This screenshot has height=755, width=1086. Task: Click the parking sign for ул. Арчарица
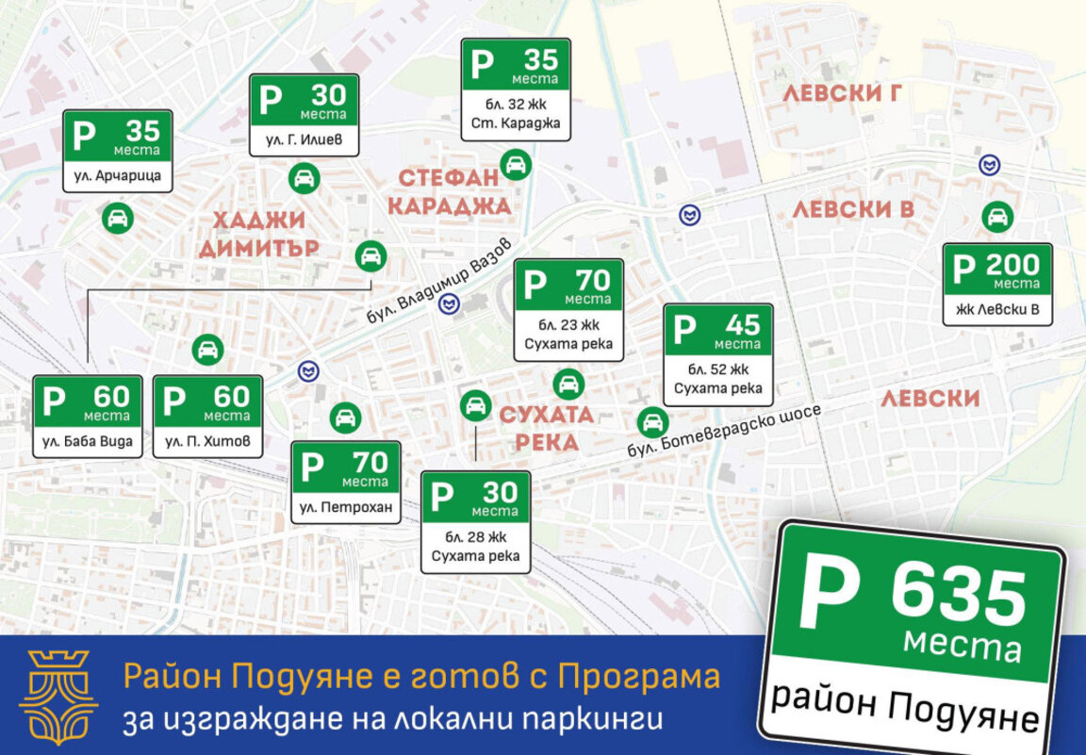[x=117, y=151]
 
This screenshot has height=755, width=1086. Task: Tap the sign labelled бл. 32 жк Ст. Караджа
[x=516, y=90]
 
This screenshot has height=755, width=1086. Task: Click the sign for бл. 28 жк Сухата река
[x=475, y=522]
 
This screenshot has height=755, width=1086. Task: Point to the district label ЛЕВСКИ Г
[x=842, y=92]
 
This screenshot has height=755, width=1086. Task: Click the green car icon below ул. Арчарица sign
[x=118, y=219]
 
